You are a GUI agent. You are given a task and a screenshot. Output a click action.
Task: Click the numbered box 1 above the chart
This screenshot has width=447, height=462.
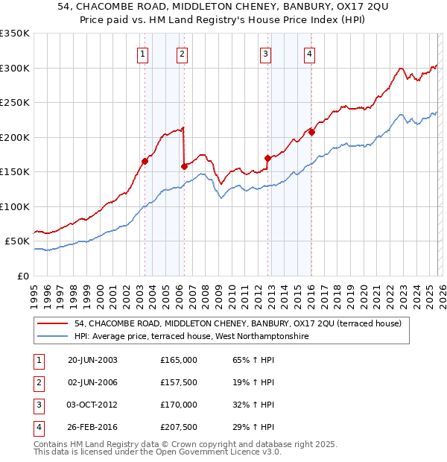click(x=142, y=53)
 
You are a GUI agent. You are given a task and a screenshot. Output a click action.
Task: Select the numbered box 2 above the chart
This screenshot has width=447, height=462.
click(x=182, y=53)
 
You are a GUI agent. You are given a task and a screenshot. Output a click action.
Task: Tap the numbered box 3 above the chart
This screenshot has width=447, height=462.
click(x=264, y=53)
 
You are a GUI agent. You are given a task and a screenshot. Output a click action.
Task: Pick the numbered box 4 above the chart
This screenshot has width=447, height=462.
click(x=308, y=53)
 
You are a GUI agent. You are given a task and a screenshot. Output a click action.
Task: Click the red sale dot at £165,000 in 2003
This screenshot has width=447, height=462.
click(x=145, y=161)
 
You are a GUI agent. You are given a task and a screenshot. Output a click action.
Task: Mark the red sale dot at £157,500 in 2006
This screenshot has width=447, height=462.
click(x=183, y=166)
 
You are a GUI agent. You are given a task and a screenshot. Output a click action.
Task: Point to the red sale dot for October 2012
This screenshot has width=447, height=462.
click(x=267, y=158)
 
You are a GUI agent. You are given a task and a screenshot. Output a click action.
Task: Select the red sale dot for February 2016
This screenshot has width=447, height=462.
click(x=311, y=132)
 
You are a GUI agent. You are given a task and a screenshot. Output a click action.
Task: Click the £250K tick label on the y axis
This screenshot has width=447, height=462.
click(x=15, y=103)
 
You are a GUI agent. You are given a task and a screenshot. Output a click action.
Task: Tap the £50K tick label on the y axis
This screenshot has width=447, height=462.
click(x=17, y=241)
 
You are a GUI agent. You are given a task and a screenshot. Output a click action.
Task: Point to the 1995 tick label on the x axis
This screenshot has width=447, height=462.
click(x=34, y=291)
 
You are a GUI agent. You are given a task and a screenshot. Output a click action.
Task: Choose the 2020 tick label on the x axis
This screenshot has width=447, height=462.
click(x=363, y=291)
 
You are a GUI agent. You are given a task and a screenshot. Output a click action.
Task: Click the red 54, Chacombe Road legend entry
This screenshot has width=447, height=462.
click(x=238, y=323)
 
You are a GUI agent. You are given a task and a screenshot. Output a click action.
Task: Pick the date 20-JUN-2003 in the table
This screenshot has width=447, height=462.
click(x=92, y=360)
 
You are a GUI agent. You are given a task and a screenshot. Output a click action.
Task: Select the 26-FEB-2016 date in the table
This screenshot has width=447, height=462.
click(x=92, y=427)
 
